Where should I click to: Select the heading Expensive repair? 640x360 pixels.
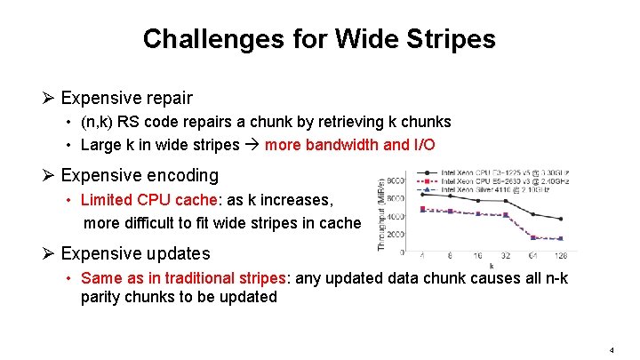126,98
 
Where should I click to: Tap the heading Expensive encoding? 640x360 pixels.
139,176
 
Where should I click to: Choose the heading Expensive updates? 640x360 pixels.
135,254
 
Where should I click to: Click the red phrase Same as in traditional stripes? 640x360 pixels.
184,278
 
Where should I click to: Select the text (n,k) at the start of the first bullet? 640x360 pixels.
95,122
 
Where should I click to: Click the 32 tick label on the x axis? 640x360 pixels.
505,255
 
